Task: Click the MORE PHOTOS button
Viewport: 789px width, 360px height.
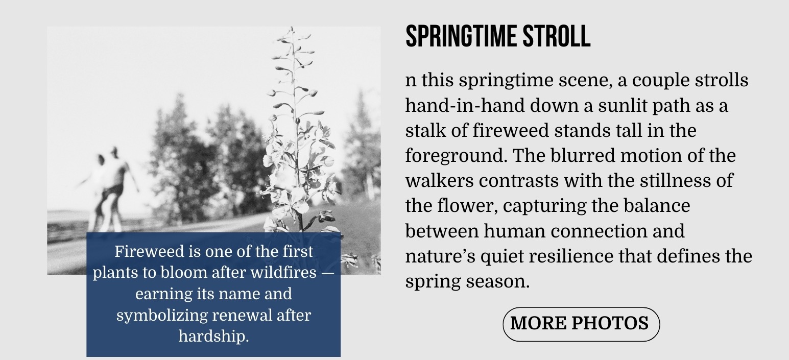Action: pyautogui.click(x=581, y=324)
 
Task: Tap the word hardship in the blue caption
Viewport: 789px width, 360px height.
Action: pyautogui.click(x=213, y=336)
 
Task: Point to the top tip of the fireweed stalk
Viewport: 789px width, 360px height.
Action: pyautogui.click(x=291, y=27)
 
